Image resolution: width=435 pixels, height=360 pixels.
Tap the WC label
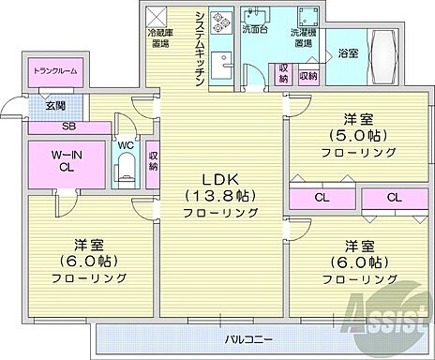(125, 144)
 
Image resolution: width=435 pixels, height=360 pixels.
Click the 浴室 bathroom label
(347, 53)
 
